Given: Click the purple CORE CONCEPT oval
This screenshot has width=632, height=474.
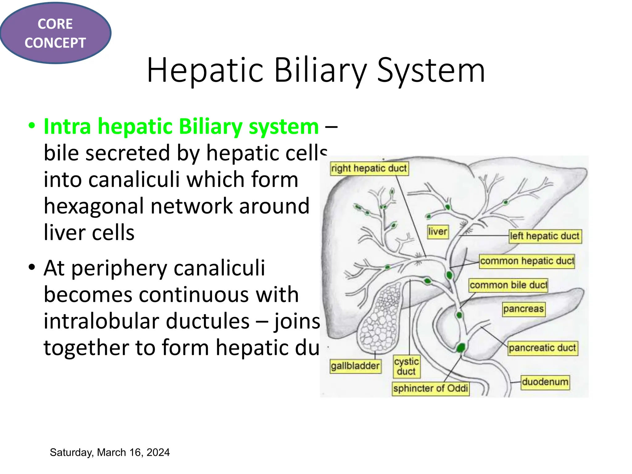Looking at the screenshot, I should pyautogui.click(x=55, y=33).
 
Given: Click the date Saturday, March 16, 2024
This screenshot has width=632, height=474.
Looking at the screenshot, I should pyautogui.click(x=110, y=452).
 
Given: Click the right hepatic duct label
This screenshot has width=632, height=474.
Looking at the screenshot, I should pyautogui.click(x=369, y=168).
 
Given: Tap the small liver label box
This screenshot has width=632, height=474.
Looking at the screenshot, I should pyautogui.click(x=437, y=231).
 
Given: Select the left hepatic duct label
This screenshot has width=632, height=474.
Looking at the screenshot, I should pyautogui.click(x=545, y=236).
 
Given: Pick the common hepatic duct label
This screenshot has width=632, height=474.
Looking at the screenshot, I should pyautogui.click(x=527, y=261).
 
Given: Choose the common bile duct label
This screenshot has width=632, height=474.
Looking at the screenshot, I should pyautogui.click(x=508, y=285).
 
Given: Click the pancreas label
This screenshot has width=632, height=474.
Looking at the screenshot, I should pyautogui.click(x=523, y=309).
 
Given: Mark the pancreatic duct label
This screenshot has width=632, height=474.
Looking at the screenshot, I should pyautogui.click(x=542, y=348).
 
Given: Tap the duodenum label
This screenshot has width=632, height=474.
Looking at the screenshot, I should pyautogui.click(x=545, y=382).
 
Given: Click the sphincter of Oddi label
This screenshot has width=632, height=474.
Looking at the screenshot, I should pyautogui.click(x=430, y=388).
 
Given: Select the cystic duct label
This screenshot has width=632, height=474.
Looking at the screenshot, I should pyautogui.click(x=406, y=366).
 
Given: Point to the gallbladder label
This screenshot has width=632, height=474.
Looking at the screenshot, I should pyautogui.click(x=355, y=366).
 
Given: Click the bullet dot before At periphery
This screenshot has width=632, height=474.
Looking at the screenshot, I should pyautogui.click(x=31, y=267).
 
